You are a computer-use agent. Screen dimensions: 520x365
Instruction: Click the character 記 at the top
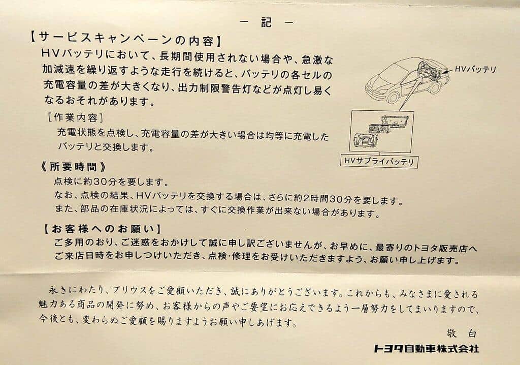click(266, 22)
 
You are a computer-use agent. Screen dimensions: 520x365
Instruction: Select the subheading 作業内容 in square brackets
click(76, 117)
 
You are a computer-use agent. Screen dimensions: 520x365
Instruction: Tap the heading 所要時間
click(73, 166)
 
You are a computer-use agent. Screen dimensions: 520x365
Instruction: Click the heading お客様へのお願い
click(103, 229)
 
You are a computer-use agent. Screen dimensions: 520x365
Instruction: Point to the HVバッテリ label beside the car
click(475, 70)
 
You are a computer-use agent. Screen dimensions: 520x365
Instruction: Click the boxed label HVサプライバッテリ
click(379, 162)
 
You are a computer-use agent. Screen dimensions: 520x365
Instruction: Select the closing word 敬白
click(462, 333)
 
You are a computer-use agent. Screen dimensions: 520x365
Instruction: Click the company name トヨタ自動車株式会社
click(427, 348)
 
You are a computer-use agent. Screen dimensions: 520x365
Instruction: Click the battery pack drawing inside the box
click(381, 131)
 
